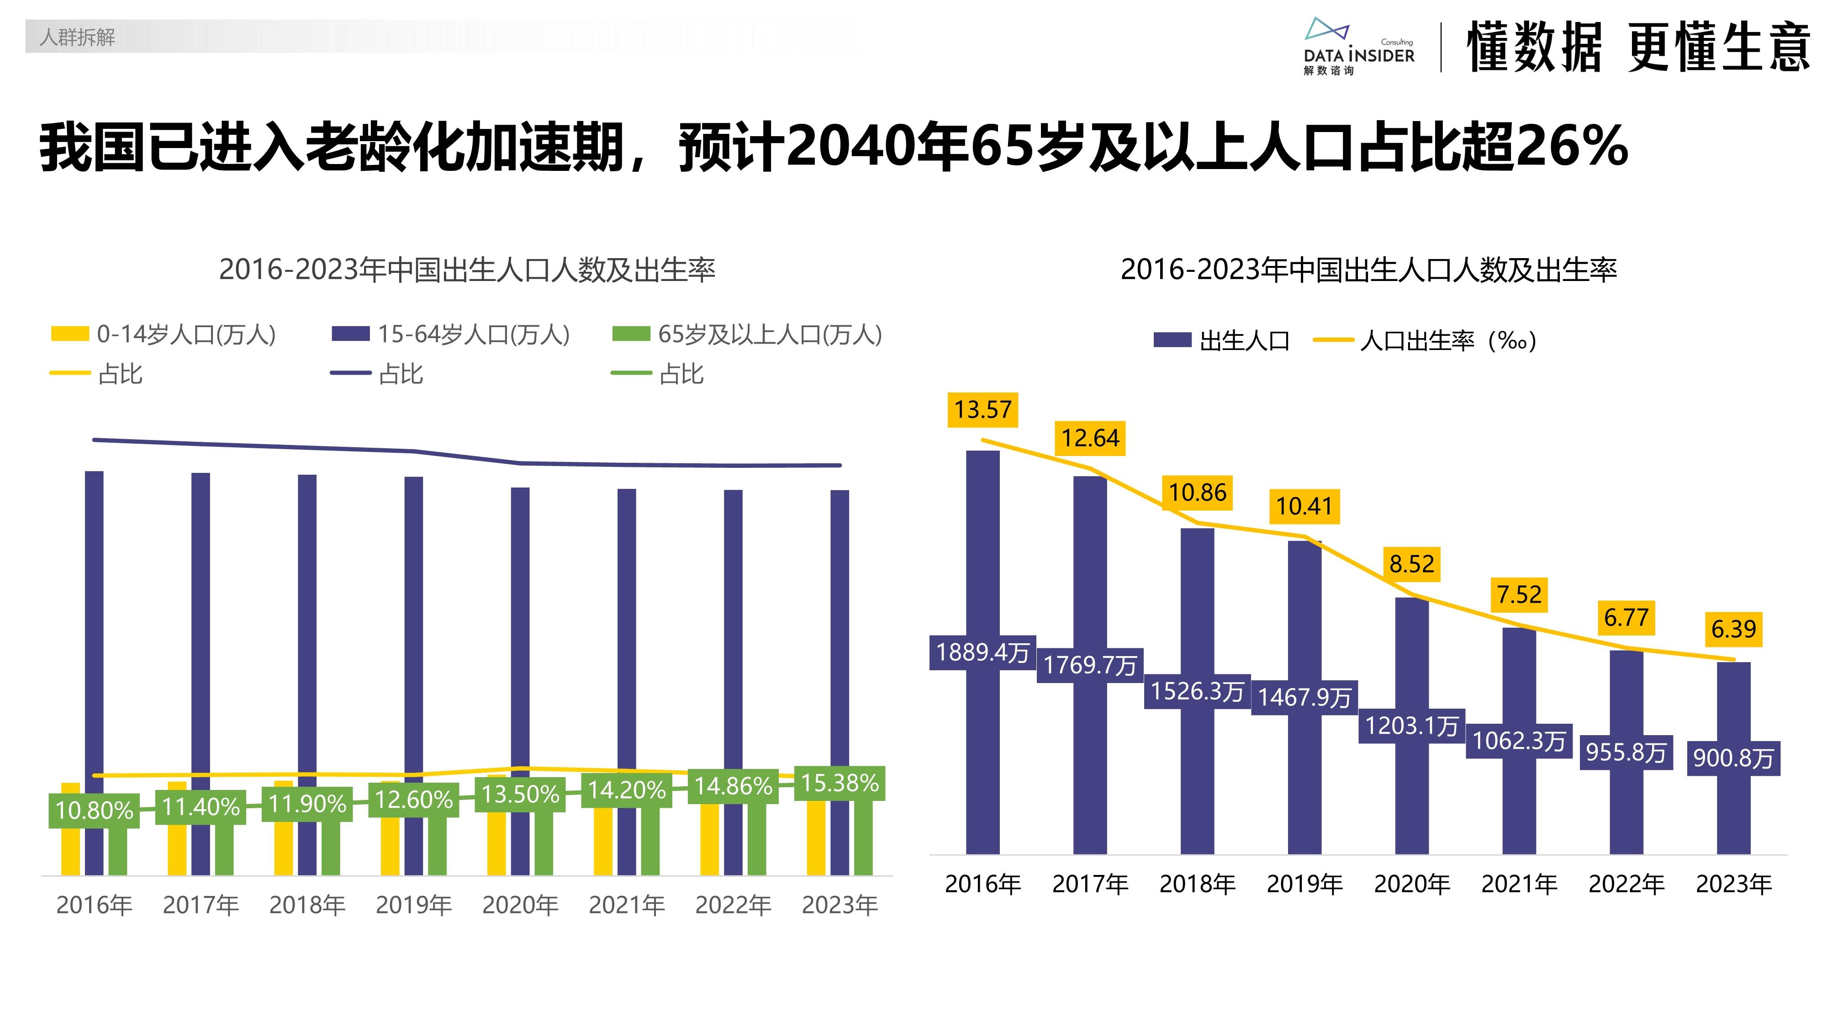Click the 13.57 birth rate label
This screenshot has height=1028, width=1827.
pyautogui.click(x=982, y=410)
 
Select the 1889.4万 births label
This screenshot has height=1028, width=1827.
pyautogui.click(x=982, y=653)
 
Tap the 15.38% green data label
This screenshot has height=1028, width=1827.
pyautogui.click(x=840, y=783)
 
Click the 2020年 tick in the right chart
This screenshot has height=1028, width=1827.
pyautogui.click(x=1411, y=884)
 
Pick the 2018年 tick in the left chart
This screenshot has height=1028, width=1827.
pyautogui.click(x=307, y=905)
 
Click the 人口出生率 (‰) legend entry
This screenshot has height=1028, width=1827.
pyautogui.click(x=1426, y=340)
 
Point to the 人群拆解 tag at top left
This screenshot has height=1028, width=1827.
pyautogui.click(x=77, y=37)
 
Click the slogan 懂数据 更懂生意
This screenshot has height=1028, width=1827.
pyautogui.click(x=1638, y=47)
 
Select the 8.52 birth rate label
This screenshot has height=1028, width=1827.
pyautogui.click(x=1411, y=564)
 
